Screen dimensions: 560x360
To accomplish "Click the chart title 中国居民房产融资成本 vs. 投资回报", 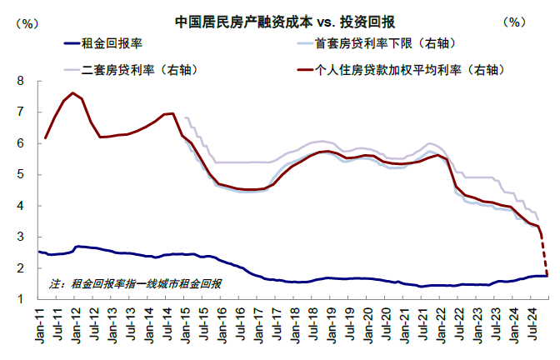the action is tap(285, 22).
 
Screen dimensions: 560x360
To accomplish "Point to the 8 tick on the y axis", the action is tap(20, 81).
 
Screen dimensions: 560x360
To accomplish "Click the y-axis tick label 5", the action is tap(20, 175).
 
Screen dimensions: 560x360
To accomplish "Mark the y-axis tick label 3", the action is tap(20, 237).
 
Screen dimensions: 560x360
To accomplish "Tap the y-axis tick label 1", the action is tap(20, 299).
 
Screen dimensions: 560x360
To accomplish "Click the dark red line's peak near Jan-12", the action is tap(72, 92).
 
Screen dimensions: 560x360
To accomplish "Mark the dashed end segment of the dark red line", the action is tap(545, 256).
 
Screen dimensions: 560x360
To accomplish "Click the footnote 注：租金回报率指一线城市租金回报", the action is tap(135, 284).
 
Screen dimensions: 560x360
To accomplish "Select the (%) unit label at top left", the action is tap(27, 23).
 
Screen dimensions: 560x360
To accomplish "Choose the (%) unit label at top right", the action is tap(514, 22).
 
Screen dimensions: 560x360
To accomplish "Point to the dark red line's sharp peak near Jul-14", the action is tap(172, 113).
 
